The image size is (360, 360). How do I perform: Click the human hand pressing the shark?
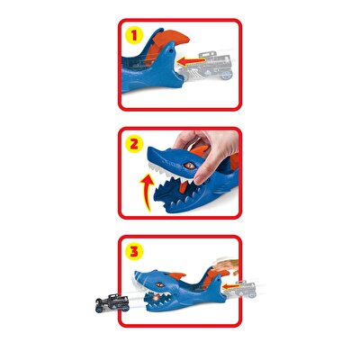[x=203, y=142]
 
